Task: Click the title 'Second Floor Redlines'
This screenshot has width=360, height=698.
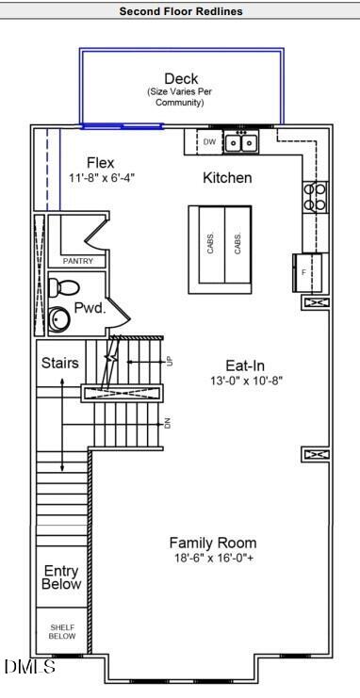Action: [180, 11]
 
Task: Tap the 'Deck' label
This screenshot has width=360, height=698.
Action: [181, 79]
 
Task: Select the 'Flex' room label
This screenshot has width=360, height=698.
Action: [100, 163]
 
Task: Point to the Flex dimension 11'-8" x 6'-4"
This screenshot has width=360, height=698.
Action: [102, 178]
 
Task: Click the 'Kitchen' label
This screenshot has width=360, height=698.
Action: [227, 177]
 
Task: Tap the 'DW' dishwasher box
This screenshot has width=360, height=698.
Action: [210, 142]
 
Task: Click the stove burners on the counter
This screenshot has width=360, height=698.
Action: [315, 196]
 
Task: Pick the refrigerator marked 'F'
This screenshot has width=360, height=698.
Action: [310, 272]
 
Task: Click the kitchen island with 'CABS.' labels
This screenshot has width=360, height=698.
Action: [223, 244]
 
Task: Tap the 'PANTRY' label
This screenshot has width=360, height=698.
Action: [76, 261]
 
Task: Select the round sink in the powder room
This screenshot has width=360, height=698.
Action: [60, 319]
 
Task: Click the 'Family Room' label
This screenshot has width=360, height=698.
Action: [212, 543]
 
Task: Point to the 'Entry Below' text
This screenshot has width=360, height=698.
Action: [61, 577]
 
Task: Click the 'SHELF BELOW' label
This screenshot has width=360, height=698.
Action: [62, 632]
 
